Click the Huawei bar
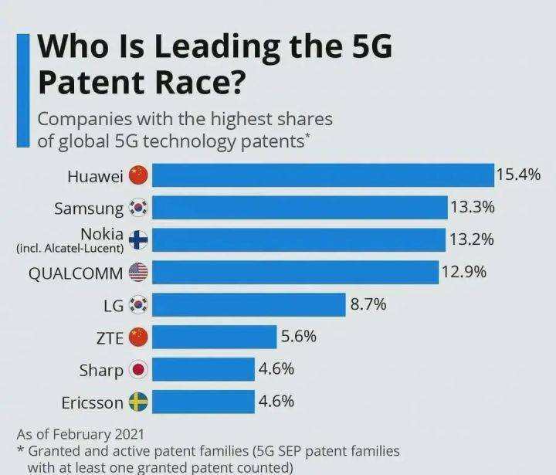tap(322, 175)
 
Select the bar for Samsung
tap(300, 208)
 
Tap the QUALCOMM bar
tap(295, 272)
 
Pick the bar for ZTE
tap(214, 337)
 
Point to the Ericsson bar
tap(203, 402)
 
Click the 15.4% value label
tap(517, 175)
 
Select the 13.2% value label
tap(471, 239)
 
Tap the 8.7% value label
tap(368, 304)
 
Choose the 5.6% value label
tap(299, 337)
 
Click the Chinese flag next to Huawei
tap(138, 175)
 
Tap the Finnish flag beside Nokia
tap(138, 239)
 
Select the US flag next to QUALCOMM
tap(138, 272)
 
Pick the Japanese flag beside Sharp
tap(138, 370)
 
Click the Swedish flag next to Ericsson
tap(138, 402)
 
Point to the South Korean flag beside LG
tap(138, 304)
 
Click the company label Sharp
tap(101, 370)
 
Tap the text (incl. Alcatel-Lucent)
tap(69, 248)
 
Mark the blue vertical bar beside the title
tap(23, 90)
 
